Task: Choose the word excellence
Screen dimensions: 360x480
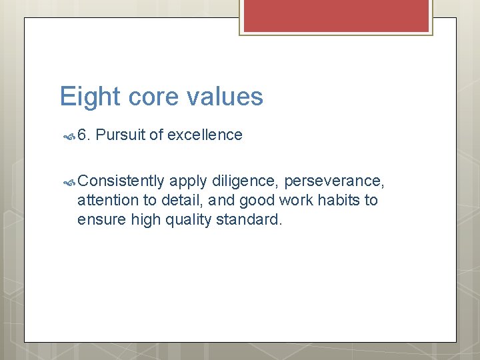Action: click(205, 135)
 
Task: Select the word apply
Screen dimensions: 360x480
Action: click(188, 181)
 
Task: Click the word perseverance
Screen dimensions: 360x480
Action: click(334, 181)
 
